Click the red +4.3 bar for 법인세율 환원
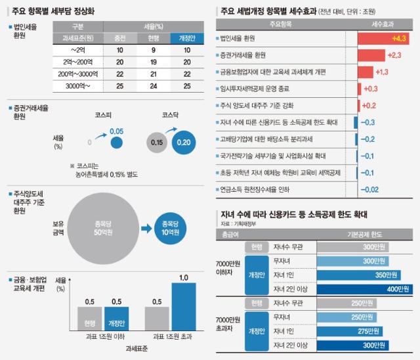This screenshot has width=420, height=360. pyautogui.click(x=383, y=38)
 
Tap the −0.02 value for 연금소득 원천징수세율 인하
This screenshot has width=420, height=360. pyautogui.click(x=371, y=189)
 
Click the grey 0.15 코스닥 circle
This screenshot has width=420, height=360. pyautogui.click(x=156, y=142)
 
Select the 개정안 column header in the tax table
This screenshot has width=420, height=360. pyautogui.click(x=184, y=37)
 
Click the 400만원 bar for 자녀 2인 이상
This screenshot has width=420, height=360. pyautogui.click(x=365, y=289)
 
